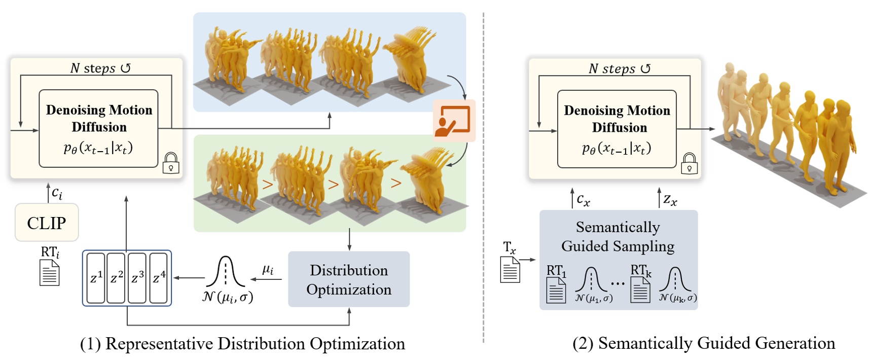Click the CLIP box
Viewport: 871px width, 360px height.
47,223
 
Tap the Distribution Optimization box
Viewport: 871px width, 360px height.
349,279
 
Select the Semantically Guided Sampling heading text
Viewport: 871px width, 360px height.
618,236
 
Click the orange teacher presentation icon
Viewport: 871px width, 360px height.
454,121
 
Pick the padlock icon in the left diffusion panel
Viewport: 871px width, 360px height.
171,164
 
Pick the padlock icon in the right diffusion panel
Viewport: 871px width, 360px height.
689,164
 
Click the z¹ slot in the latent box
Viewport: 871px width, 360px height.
96,278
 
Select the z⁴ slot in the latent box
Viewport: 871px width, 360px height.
159,278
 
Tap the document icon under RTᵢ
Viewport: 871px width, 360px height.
50,273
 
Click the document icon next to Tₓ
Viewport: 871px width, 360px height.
510,269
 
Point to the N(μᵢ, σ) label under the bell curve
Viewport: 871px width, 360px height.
227,297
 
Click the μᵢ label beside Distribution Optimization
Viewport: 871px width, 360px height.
268,270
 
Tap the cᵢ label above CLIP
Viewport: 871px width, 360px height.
57,193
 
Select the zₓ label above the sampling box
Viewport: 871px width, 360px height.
670,200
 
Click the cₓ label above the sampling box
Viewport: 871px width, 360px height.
584,200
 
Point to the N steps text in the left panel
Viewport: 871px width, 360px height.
100,68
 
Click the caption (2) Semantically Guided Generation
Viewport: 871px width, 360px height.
704,343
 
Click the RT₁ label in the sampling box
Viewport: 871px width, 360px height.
556,270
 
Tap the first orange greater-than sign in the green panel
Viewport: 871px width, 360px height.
268,184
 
